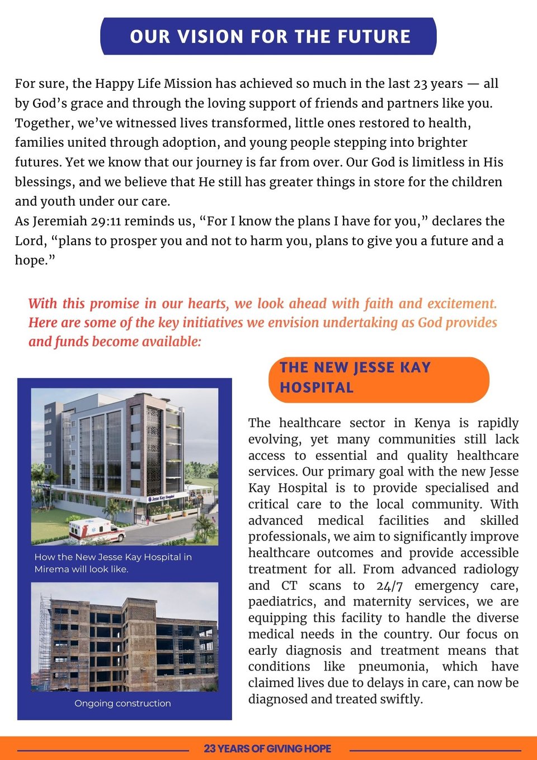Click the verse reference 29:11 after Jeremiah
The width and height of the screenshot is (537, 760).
tap(106, 221)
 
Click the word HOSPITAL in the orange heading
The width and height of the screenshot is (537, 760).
tap(317, 388)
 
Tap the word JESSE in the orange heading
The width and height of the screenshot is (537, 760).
tap(374, 367)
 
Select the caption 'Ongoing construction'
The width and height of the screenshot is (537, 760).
tap(123, 703)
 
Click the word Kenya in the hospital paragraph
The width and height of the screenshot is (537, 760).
tap(432, 423)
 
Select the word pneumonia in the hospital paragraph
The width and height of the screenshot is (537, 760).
tap(393, 667)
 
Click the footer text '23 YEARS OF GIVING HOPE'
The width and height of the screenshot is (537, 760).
tap(267, 748)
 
